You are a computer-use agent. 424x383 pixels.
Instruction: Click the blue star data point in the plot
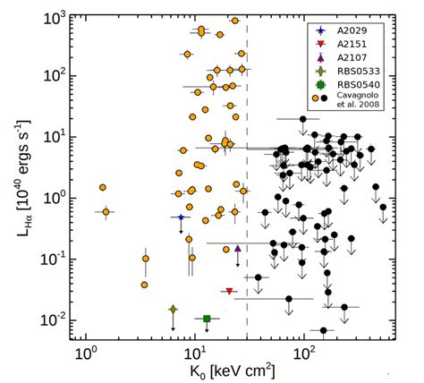click(182, 217)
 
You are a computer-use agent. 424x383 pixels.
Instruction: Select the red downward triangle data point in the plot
click(230, 292)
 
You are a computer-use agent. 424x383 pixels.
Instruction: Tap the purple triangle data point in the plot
click(238, 249)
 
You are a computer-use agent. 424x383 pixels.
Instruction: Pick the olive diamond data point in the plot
click(173, 309)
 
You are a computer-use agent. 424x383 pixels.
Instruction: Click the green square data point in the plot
click(207, 319)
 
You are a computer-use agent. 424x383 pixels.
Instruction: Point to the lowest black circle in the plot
click(324, 330)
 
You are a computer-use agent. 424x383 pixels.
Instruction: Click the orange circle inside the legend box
click(316, 99)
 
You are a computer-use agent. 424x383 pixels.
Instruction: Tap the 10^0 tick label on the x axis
click(86, 352)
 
